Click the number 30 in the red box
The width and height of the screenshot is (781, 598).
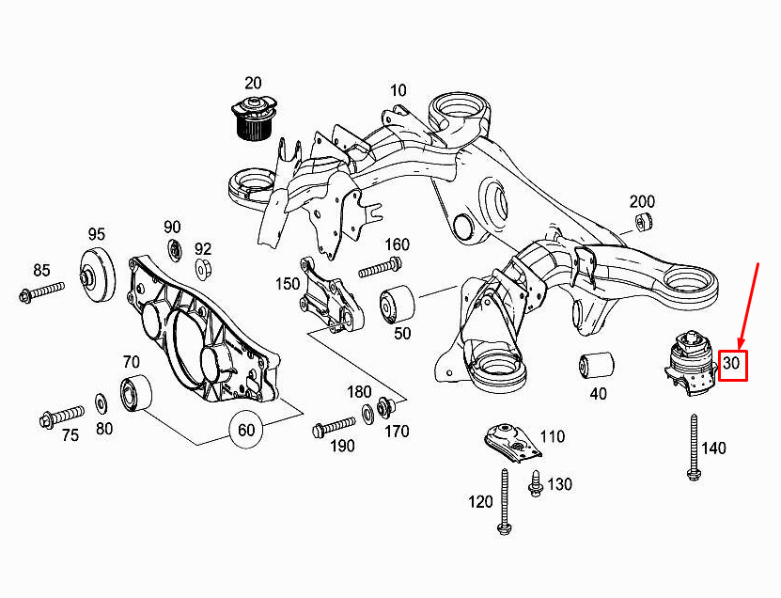point(731,363)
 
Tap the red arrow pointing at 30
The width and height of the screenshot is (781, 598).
point(749,305)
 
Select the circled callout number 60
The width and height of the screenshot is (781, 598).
point(246,430)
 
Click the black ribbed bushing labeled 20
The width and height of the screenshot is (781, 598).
point(254,119)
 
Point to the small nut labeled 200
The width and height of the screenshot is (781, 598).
point(644,222)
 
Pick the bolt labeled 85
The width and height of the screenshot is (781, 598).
point(42,292)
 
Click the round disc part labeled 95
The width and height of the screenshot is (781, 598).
point(98,275)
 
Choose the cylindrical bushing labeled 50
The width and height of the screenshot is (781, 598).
point(397,304)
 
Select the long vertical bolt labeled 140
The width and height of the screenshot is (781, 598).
point(693,447)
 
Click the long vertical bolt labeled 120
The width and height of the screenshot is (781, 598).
point(504,501)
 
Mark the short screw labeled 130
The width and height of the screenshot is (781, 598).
point(535,483)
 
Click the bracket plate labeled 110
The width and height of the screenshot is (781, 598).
point(512,442)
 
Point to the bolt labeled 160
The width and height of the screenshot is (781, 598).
point(381,267)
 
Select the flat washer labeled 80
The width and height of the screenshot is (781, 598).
point(102,403)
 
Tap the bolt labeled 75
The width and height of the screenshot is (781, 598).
point(62,417)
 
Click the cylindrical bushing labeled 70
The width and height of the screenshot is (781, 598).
point(136,393)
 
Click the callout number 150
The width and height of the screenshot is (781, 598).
point(288,284)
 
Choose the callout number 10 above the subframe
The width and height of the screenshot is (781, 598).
point(398,90)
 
